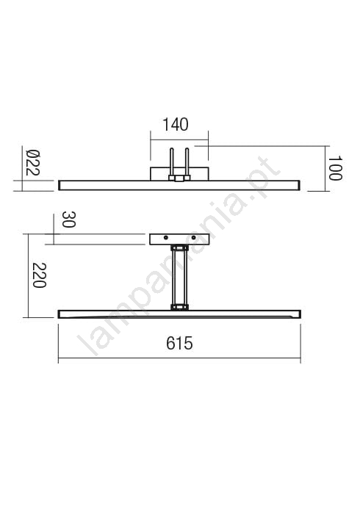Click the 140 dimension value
[176, 125]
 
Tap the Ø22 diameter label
[33, 162]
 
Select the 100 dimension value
[335, 168]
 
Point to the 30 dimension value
[69, 220]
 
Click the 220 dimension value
[40, 275]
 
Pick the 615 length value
[179, 343]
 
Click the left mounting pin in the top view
[171, 163]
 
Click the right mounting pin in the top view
[187, 163]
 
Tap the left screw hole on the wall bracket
[166, 237]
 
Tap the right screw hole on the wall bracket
[193, 237]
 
